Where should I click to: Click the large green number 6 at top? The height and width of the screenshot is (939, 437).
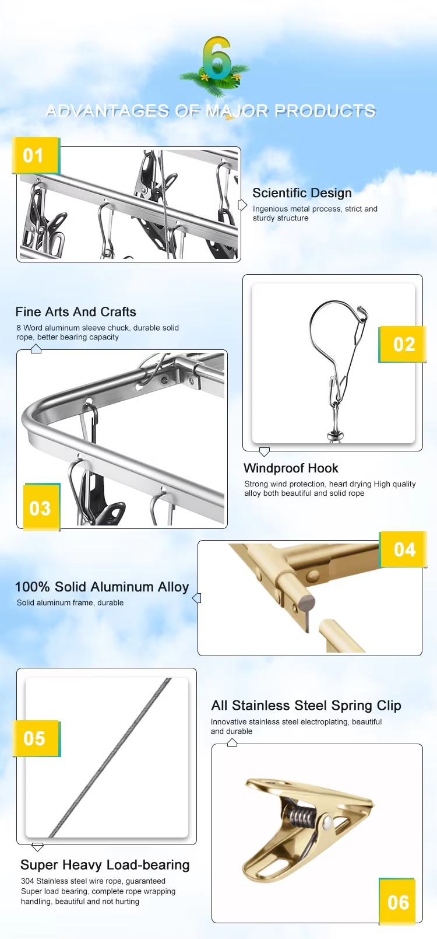pyautogui.click(x=217, y=58)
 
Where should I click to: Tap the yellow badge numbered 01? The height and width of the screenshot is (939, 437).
pyautogui.click(x=34, y=155)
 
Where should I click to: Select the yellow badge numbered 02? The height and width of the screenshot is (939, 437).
pyautogui.click(x=403, y=344)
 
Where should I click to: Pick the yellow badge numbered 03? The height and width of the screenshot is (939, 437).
pyautogui.click(x=41, y=507)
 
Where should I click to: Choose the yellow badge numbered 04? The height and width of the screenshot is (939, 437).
pyautogui.click(x=403, y=549)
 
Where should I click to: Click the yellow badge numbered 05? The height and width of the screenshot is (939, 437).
pyautogui.click(x=35, y=738)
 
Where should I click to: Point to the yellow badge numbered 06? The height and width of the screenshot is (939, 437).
pyautogui.click(x=397, y=901)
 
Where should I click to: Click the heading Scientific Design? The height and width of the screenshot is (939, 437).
pyautogui.click(x=302, y=193)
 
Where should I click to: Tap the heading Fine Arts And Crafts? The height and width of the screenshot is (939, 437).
pyautogui.click(x=76, y=312)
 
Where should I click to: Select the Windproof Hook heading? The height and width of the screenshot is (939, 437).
pyautogui.click(x=291, y=468)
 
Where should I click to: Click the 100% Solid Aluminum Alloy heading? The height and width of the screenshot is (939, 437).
pyautogui.click(x=102, y=587)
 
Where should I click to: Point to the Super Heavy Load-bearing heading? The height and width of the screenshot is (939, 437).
pyautogui.click(x=105, y=865)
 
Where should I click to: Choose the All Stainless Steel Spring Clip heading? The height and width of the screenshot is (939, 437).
pyautogui.click(x=306, y=706)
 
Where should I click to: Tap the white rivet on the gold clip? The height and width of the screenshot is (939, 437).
pyautogui.click(x=327, y=822)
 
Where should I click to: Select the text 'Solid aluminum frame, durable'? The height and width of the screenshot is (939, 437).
pyautogui.click(x=70, y=603)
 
